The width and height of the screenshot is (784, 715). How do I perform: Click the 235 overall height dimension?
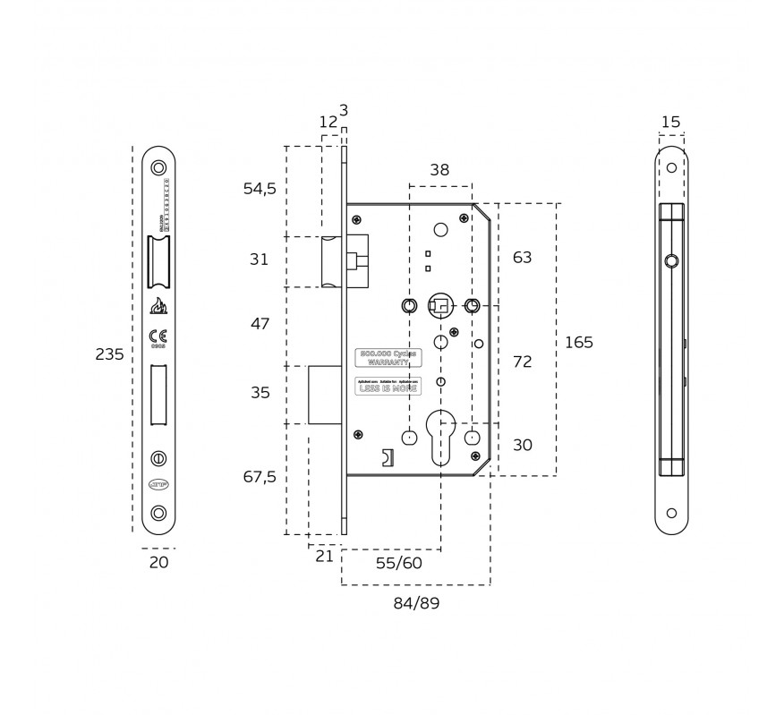[x=109, y=354]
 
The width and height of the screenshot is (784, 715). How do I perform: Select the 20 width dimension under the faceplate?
[x=158, y=563]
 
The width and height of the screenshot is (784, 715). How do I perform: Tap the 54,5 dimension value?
[x=260, y=189]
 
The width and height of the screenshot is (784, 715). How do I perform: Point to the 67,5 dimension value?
[x=260, y=477]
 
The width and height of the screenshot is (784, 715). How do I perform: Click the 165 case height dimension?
[x=579, y=343]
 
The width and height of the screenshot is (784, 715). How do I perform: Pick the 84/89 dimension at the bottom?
[x=416, y=604]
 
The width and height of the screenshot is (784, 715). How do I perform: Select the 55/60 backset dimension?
[x=398, y=563]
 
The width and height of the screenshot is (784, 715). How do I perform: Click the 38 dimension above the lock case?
[x=439, y=170]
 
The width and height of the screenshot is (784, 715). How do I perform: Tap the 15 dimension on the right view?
[x=670, y=122]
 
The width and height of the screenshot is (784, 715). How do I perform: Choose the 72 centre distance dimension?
[x=522, y=362]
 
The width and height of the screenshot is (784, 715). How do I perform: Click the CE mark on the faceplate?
[x=158, y=336]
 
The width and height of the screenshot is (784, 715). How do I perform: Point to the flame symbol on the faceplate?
[x=158, y=306]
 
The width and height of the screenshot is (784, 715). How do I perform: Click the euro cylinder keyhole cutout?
[x=440, y=434]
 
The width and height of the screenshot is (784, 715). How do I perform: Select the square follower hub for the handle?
[x=439, y=306]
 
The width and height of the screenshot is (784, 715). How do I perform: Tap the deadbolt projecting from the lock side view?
[x=324, y=394]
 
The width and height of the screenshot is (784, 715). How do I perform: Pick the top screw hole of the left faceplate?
[x=158, y=168]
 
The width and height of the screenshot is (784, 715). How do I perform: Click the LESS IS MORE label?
[x=388, y=388]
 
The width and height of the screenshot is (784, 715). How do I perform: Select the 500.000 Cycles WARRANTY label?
[x=388, y=358]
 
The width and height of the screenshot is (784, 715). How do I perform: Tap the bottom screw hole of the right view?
[x=671, y=514]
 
